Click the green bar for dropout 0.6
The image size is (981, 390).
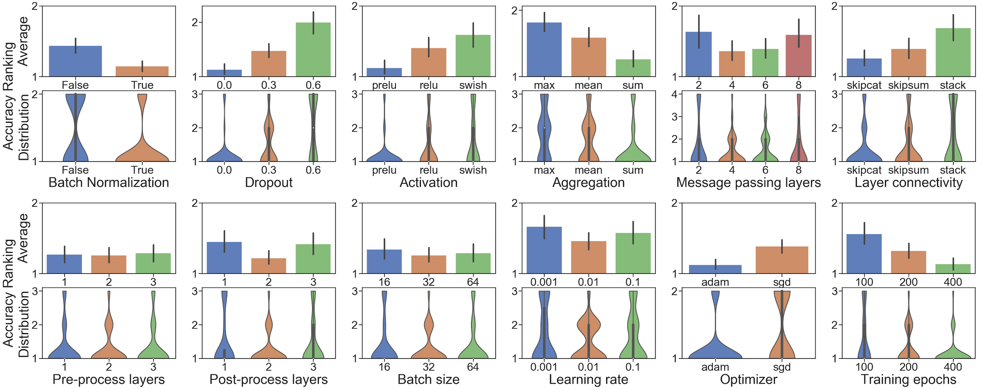click(x=313, y=49)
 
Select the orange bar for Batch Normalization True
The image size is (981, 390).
click(x=142, y=72)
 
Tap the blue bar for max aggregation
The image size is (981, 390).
click(x=544, y=49)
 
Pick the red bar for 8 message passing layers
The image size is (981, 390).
click(x=798, y=56)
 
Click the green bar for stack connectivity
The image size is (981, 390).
click(x=953, y=52)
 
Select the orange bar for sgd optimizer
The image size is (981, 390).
click(x=782, y=260)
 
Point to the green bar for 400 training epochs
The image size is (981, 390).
click(x=953, y=269)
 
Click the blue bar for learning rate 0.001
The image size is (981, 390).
click(x=544, y=250)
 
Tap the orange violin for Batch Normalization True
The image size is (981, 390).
click(x=142, y=152)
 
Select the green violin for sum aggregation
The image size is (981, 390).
click(x=633, y=152)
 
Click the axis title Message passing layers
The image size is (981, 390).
click(x=748, y=183)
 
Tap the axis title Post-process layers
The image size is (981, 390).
click(x=268, y=380)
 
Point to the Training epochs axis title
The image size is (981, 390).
click(x=908, y=380)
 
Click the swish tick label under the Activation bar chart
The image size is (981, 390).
click(x=473, y=85)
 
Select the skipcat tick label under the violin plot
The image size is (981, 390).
click(x=864, y=170)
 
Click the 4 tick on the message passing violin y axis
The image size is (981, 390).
click(x=674, y=94)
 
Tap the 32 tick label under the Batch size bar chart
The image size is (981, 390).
click(x=429, y=282)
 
